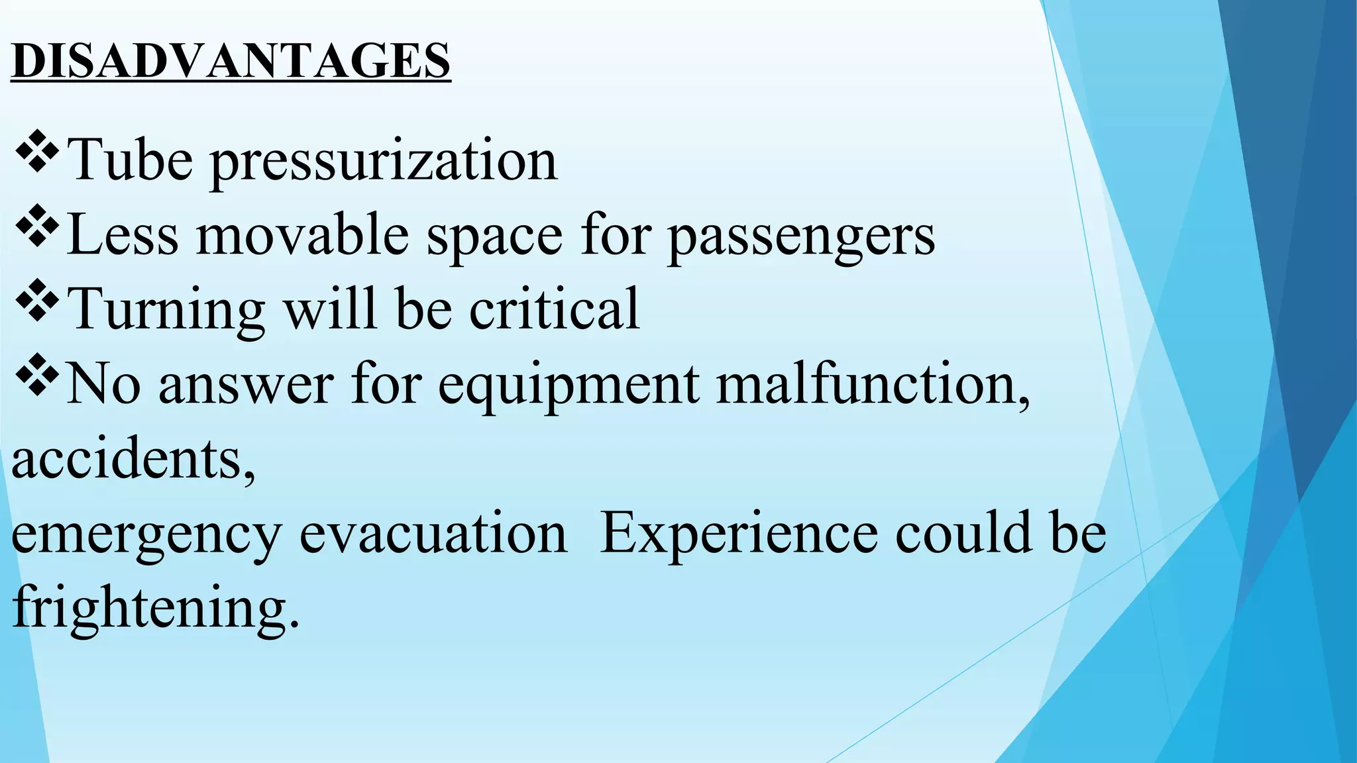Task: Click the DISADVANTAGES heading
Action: coord(231,61)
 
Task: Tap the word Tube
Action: coord(131,160)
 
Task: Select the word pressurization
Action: coord(384,162)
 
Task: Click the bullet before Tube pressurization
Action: coord(36,154)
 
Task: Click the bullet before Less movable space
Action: coord(36,229)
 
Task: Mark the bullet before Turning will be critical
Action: coord(36,303)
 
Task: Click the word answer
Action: coord(246,385)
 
